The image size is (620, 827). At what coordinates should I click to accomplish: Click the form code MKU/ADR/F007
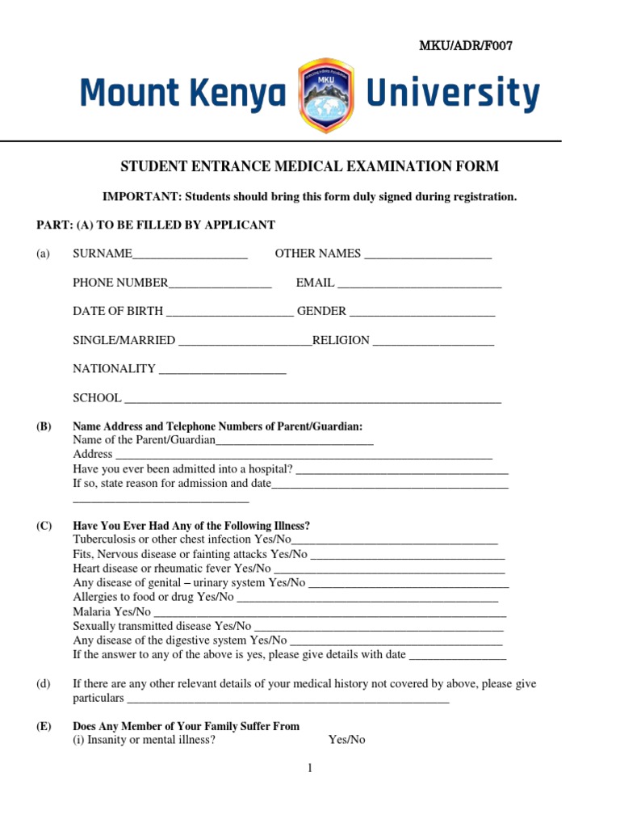click(464, 45)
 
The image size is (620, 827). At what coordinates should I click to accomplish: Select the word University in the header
click(453, 94)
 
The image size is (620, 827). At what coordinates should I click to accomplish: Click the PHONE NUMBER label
click(120, 283)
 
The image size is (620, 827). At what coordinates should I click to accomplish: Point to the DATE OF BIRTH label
click(118, 311)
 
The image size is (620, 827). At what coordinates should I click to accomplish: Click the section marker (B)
click(44, 426)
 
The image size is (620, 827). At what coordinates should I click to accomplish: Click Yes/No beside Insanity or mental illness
click(346, 739)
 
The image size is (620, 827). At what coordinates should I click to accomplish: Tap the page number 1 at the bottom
click(309, 768)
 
